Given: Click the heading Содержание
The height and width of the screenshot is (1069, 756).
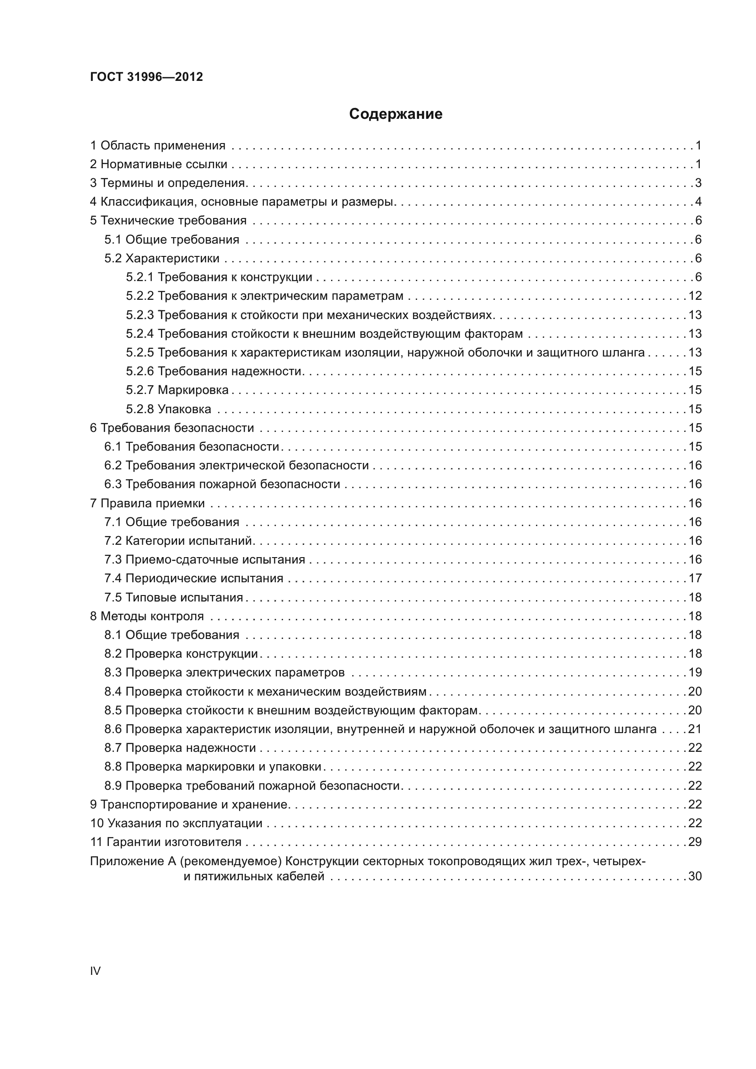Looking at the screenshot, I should coord(396,114).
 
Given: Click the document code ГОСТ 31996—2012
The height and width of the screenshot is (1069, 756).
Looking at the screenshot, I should coord(146,77).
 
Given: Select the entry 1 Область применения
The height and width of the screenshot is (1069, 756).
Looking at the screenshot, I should coord(157,146).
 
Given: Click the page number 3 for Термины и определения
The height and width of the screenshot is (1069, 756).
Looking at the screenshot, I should coord(698,183).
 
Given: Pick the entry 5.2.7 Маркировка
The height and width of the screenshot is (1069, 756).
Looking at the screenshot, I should coord(177,390).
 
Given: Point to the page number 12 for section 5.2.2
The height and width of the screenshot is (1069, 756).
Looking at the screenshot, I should coord(695,296).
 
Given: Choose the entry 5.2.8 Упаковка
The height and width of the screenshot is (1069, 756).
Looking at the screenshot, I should coord(168,409).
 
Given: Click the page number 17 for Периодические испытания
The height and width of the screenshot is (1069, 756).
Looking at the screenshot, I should coord(695,578).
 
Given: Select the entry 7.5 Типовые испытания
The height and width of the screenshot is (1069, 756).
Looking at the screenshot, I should coord(173,597).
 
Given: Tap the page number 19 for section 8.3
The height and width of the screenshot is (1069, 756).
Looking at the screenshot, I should coord(695,672).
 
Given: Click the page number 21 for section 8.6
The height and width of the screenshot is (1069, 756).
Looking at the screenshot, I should coord(695,729).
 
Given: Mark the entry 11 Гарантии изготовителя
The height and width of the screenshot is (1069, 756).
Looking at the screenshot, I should coord(166,842).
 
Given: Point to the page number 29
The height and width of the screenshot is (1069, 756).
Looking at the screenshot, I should coord(695,842).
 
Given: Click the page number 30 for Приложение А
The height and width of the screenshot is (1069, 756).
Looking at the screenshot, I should coord(695,876).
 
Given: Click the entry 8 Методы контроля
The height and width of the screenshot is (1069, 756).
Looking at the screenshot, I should coord(147,617).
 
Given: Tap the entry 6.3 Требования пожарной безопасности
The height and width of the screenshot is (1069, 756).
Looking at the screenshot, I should coord(222,484).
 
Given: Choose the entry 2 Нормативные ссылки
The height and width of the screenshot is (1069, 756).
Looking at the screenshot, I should coord(158,165).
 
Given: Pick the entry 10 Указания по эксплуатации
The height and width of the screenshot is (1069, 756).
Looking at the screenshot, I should coord(176,823).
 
